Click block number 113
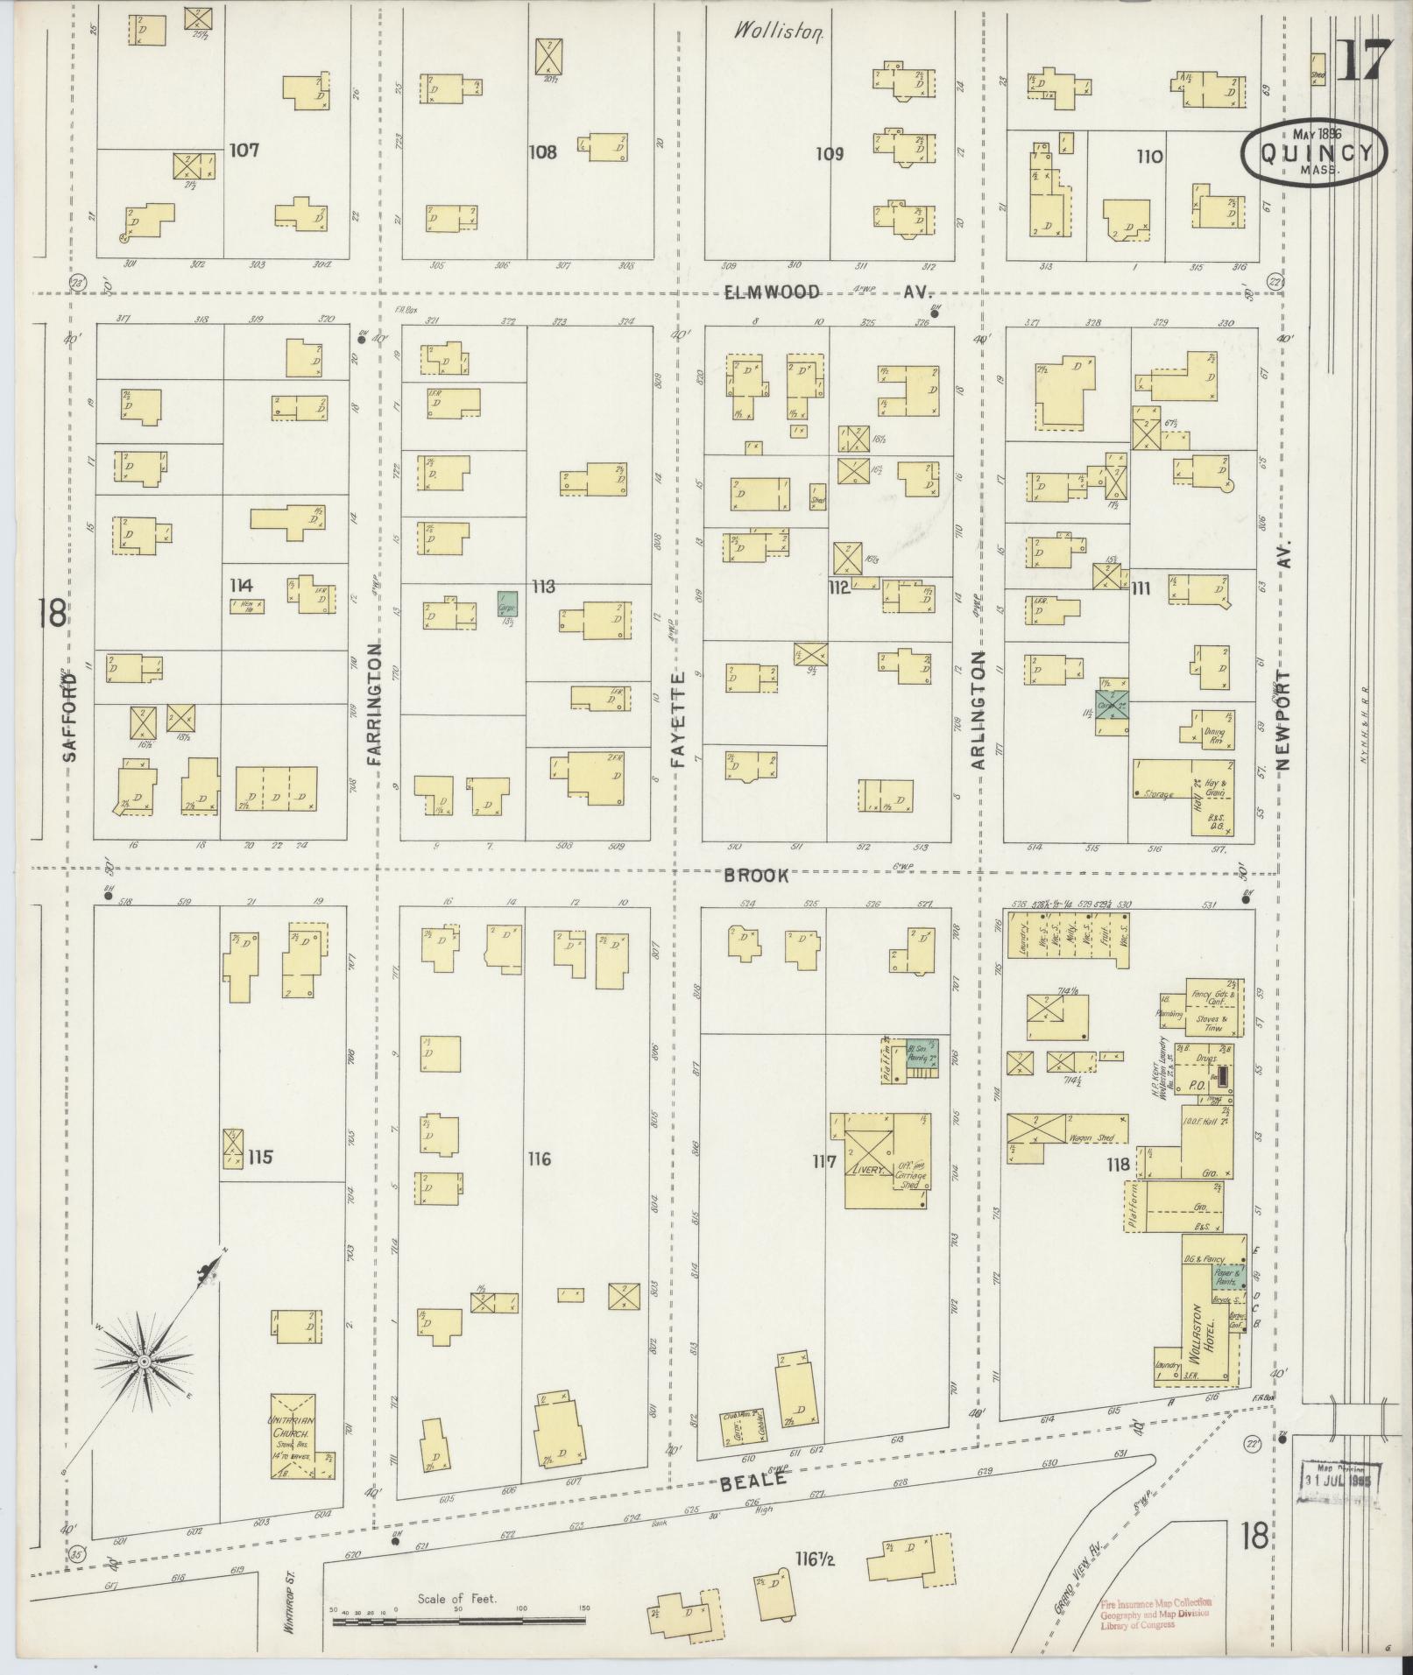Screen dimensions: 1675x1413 click(543, 587)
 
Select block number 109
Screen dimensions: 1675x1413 click(830, 154)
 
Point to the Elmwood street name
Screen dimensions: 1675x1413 click(772, 292)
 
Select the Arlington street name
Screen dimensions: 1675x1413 click(979, 709)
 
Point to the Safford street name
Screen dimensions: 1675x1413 click(70, 716)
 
